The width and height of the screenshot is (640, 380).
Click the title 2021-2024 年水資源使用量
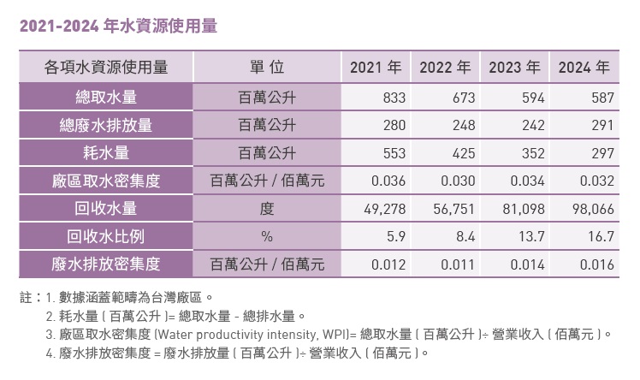tap(117, 26)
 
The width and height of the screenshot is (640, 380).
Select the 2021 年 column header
tap(376, 68)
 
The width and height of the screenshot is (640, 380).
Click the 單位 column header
tap(267, 68)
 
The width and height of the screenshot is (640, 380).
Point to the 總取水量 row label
tap(105, 98)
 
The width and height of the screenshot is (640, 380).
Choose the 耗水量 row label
tap(105, 154)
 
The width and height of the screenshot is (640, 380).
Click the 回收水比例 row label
tap(105, 237)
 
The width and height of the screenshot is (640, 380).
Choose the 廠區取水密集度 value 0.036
tap(387, 181)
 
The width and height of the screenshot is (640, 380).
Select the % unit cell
tap(267, 237)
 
